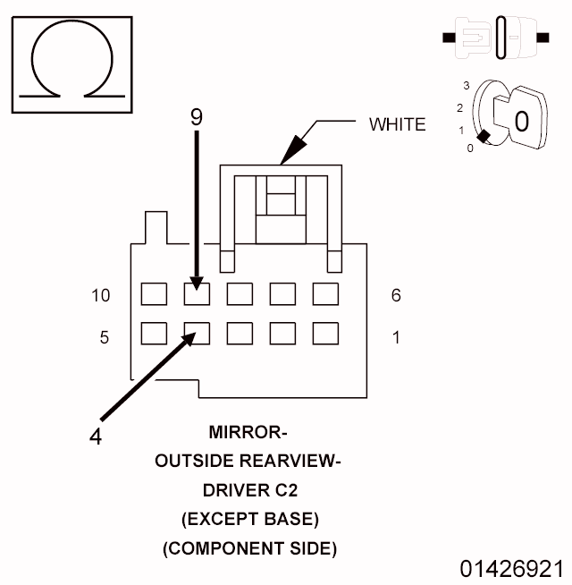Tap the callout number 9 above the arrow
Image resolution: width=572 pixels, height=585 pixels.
tap(198, 115)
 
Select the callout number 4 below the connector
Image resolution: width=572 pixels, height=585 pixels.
tap(97, 438)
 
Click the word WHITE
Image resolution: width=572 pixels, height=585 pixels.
tap(398, 124)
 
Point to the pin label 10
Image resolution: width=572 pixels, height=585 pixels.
tap(100, 295)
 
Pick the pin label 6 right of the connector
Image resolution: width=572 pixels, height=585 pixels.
tap(396, 295)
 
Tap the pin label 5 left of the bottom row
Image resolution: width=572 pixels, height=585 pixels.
tap(104, 337)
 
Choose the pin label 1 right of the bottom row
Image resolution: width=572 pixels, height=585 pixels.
tap(396, 337)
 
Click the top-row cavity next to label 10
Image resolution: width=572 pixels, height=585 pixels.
tap(155, 294)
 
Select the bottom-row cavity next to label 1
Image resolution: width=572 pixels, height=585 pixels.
tap(325, 333)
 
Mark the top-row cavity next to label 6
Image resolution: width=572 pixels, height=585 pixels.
tap(325, 294)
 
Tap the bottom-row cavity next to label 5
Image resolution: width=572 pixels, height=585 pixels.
tap(155, 333)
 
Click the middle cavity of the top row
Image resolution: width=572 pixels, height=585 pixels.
tap(240, 294)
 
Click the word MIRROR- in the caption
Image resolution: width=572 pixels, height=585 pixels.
tap(248, 434)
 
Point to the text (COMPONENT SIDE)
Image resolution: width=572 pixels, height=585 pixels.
tap(249, 548)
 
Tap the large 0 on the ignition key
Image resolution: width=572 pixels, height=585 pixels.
tap(523, 120)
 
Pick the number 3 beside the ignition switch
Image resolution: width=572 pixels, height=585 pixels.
tap(466, 85)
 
